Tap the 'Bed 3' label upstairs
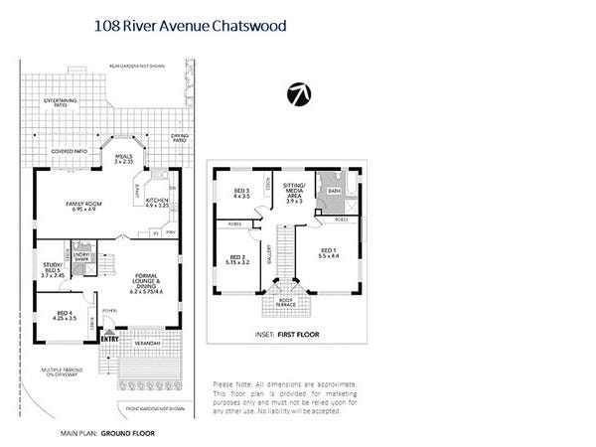pyautogui.click(x=242, y=193)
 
